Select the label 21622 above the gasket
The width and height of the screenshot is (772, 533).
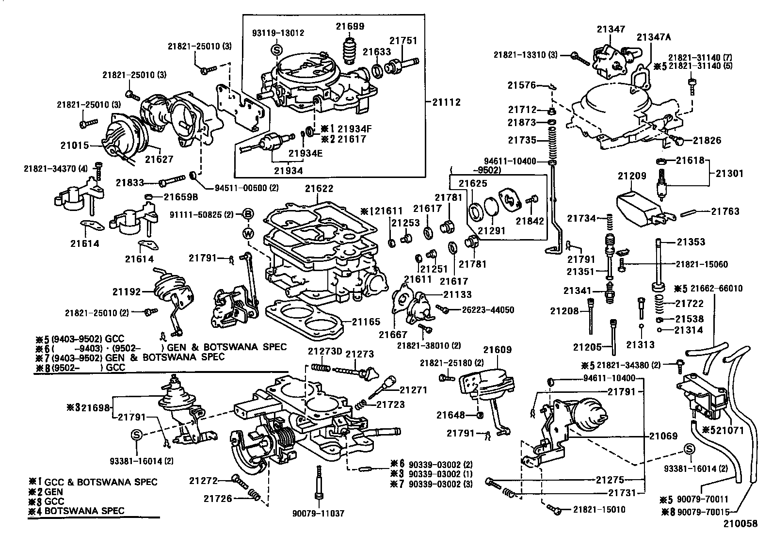[x=319, y=189]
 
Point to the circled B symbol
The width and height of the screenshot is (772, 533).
[x=248, y=214]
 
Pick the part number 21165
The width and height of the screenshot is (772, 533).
[x=366, y=322]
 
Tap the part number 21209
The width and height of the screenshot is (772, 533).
[x=632, y=176]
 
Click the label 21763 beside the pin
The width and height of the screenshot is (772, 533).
[x=725, y=211]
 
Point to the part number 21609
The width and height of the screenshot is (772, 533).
[x=497, y=350]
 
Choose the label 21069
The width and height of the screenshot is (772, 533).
[x=663, y=436]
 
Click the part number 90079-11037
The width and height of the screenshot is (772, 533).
[x=319, y=513]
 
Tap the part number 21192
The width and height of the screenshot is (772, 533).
[x=127, y=292]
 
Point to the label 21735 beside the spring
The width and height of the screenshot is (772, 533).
[x=522, y=140]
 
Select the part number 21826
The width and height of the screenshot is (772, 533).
[x=707, y=141]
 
